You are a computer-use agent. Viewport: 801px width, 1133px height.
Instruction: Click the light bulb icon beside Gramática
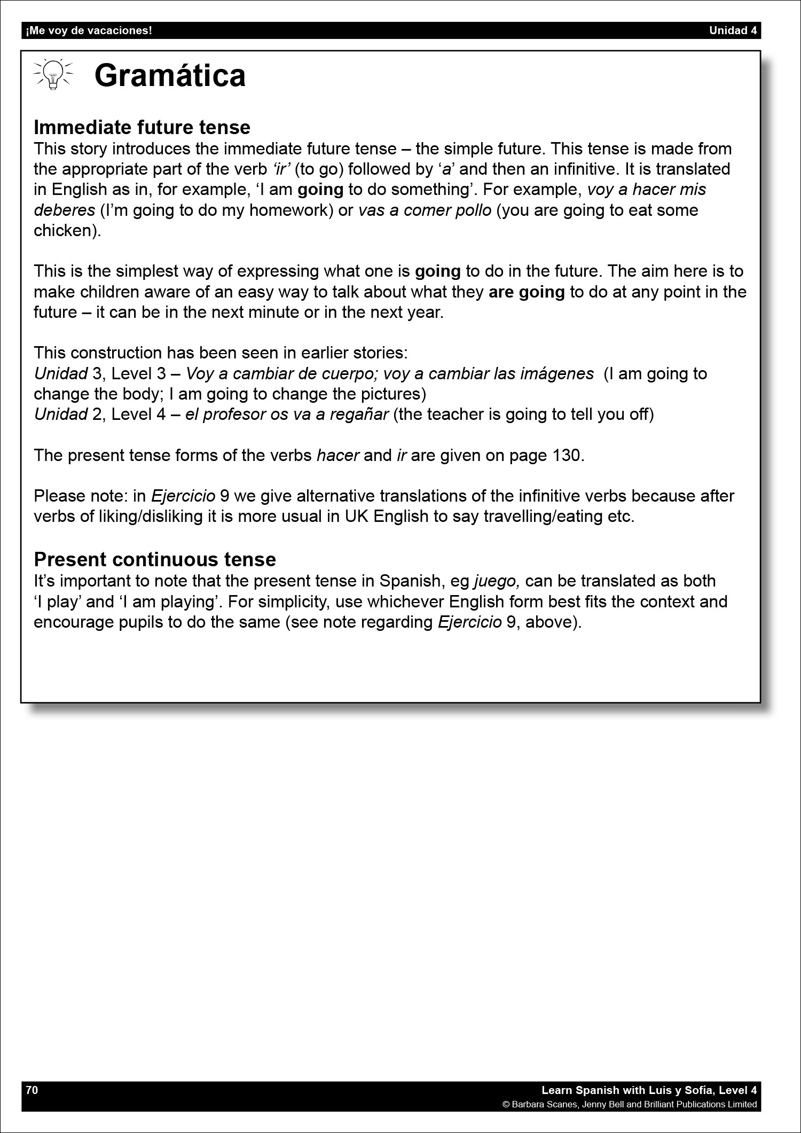pyautogui.click(x=53, y=74)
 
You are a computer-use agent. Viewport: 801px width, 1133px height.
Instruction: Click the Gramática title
pyautogui.click(x=170, y=75)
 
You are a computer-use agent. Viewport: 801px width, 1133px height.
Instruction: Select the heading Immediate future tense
pyautogui.click(x=142, y=127)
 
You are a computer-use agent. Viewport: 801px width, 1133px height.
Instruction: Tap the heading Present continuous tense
pyautogui.click(x=155, y=559)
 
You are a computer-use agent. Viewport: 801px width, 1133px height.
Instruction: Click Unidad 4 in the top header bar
pyautogui.click(x=733, y=30)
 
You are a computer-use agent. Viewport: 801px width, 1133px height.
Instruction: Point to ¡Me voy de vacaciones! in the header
pyautogui.click(x=89, y=30)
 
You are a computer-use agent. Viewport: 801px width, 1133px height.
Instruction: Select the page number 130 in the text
pyautogui.click(x=567, y=455)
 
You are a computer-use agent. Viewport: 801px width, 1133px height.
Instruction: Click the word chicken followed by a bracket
pyautogui.click(x=67, y=231)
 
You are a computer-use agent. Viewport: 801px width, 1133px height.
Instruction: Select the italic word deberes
pyautogui.click(x=64, y=210)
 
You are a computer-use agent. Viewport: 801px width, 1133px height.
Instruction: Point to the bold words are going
pyautogui.click(x=527, y=292)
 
